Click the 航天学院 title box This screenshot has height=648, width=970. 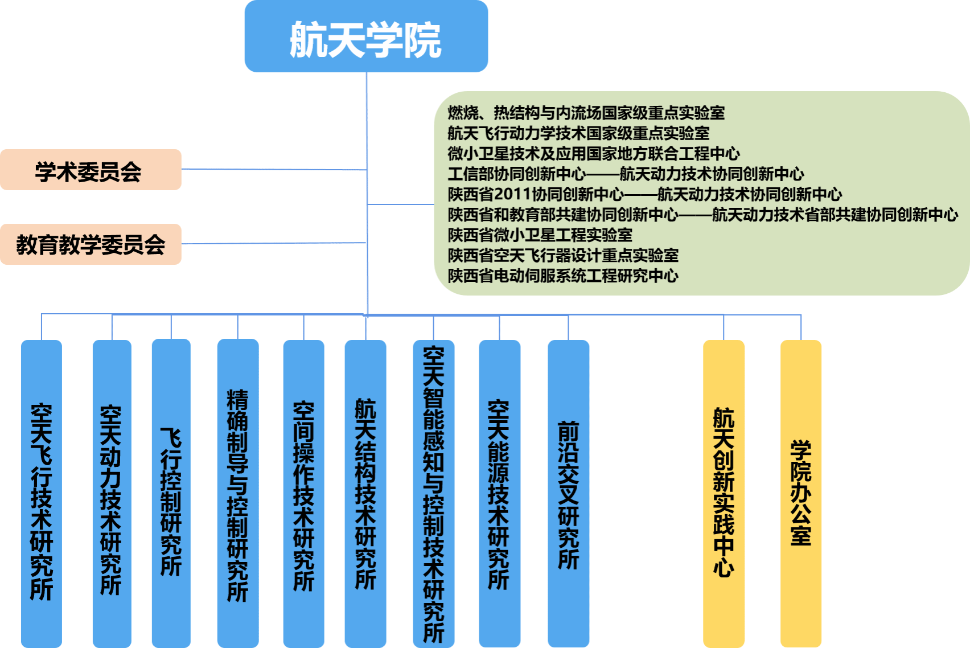coord(366,37)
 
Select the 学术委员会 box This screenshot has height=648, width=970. coord(91,170)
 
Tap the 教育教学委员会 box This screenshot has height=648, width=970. coord(91,244)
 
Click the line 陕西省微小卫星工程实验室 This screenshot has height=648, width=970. coord(540,235)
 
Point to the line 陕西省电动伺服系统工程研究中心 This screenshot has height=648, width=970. coord(563,276)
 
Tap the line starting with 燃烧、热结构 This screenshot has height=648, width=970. coord(586,113)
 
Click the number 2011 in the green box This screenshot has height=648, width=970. coord(512,195)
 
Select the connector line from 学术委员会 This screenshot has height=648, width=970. coord(273,169)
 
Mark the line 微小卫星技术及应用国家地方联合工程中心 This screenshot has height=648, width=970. coord(593,154)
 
